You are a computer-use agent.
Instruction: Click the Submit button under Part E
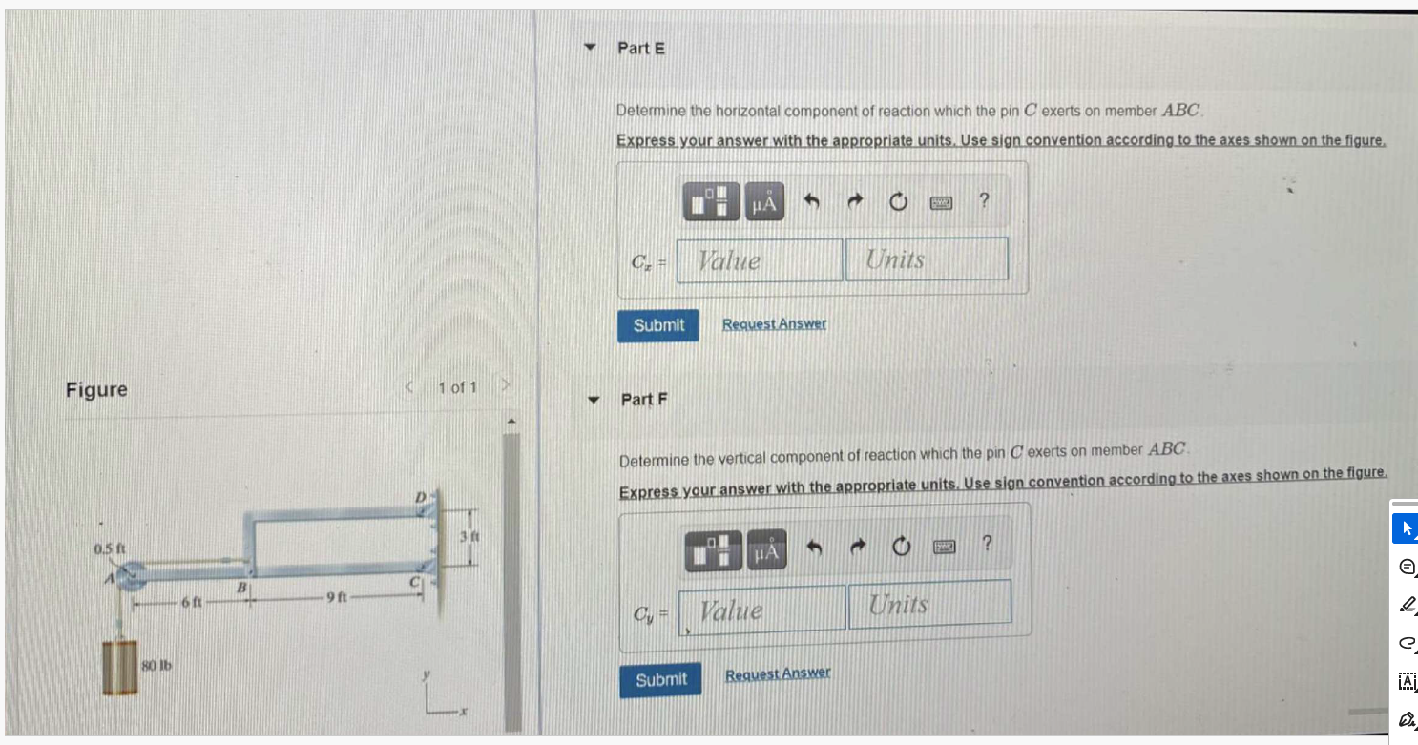[657, 325]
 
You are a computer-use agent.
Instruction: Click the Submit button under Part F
[660, 679]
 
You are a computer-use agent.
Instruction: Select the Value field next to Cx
[760, 260]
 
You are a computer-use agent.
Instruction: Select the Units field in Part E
[926, 259]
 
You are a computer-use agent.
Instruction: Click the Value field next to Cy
[762, 610]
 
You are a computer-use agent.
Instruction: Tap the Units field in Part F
[928, 605]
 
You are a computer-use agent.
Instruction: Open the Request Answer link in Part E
[774, 324]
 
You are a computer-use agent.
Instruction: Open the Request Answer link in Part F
[777, 673]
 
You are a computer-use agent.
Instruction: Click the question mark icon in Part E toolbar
[985, 200]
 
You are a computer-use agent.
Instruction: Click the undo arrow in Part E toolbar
[811, 201]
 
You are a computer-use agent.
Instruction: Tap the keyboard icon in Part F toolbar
[945, 548]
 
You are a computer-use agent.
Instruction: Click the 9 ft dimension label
[340, 598]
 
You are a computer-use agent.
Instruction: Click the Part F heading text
[644, 400]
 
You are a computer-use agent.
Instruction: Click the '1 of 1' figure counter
[457, 387]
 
